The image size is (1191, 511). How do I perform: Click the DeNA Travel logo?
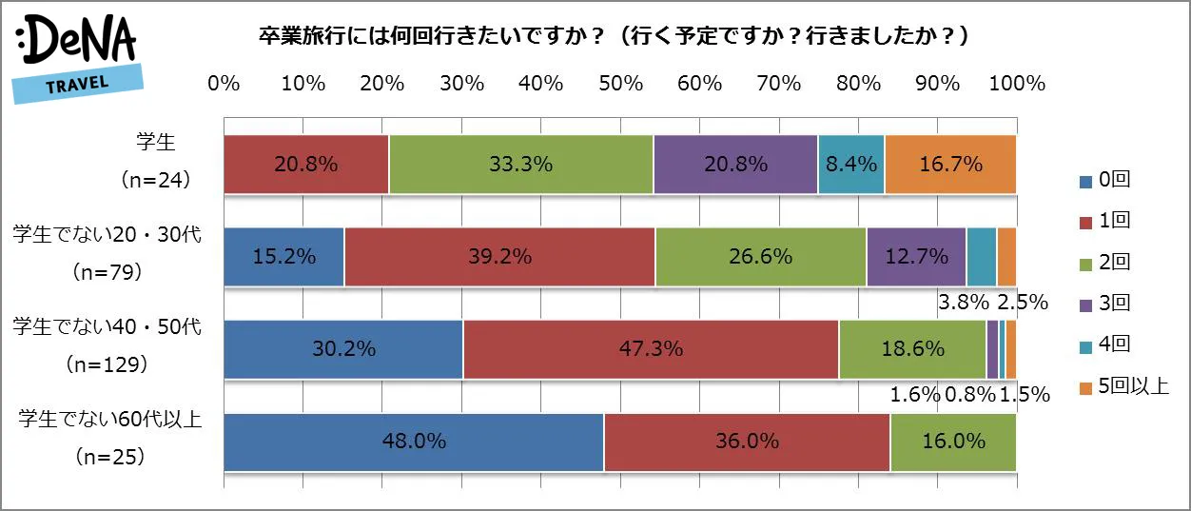76,57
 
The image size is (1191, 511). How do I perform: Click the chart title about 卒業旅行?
614,36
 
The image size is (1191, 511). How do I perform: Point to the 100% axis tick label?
1017,84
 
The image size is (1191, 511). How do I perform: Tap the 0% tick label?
224,84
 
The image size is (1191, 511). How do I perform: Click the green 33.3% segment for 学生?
520,165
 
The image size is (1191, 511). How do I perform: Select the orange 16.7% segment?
950,165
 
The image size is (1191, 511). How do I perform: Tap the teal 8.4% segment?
850,165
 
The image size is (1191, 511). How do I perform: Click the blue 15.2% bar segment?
283,257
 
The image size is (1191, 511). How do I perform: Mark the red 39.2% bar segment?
499,257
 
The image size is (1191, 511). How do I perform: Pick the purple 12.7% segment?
916,257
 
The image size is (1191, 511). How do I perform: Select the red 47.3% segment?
651,349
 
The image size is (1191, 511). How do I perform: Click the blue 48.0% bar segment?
414,442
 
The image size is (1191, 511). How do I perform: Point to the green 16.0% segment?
953,442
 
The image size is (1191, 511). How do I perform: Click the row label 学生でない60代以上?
109,419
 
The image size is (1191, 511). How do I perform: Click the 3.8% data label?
963,304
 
